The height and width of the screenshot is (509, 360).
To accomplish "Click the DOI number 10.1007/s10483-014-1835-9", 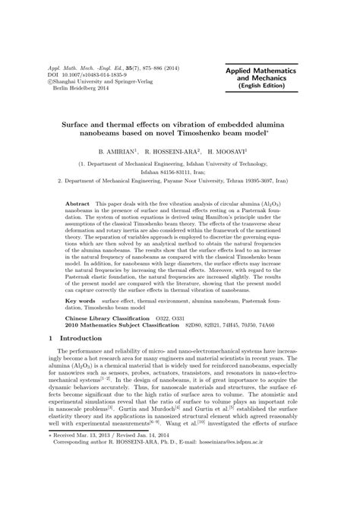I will [96, 74].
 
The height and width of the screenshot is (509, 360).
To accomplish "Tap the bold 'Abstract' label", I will [79, 206].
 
